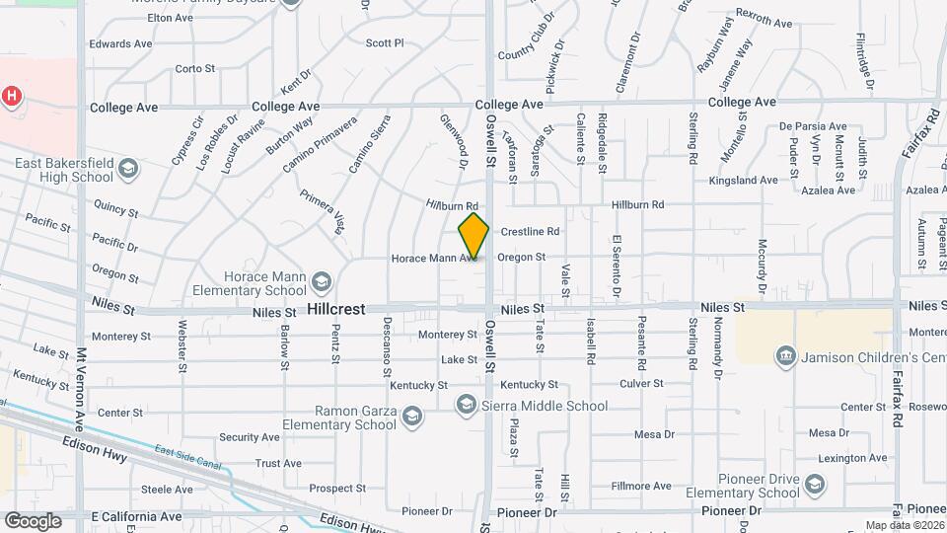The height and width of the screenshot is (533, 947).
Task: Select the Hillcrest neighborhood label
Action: [335, 309]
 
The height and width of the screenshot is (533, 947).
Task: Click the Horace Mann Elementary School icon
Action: [321, 283]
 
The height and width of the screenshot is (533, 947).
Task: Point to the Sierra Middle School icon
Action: [466, 406]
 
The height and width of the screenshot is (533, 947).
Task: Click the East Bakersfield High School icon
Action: [126, 170]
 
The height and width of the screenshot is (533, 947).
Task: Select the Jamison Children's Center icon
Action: [786, 355]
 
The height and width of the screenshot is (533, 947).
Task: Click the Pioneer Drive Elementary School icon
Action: [815, 484]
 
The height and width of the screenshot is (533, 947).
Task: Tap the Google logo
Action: [33, 520]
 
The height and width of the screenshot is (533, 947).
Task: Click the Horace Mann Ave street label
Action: [427, 258]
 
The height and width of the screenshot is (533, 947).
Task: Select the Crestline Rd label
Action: [530, 232]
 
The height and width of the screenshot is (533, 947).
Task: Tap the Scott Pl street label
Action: [385, 43]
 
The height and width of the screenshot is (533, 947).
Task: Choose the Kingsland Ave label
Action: [744, 181]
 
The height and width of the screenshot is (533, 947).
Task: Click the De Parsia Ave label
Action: [813, 126]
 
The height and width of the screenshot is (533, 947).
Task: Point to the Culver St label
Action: [638, 383]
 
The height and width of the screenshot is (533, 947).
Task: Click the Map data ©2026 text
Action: [904, 525]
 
